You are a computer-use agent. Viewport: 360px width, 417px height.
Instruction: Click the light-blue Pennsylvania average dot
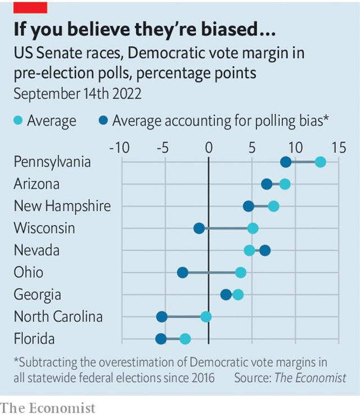tap(320, 162)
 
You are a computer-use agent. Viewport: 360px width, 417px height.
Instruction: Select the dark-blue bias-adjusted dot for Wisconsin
tap(199, 228)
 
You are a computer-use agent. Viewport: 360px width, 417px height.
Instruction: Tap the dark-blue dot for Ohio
tap(182, 272)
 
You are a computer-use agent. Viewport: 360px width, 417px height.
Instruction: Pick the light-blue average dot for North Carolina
tap(206, 316)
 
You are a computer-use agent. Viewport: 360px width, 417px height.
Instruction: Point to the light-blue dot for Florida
tap(185, 338)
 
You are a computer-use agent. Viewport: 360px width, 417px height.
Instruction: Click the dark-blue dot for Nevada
tap(265, 250)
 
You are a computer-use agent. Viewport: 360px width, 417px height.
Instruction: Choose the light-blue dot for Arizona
tap(285, 184)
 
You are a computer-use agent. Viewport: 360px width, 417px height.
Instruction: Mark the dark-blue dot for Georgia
tap(226, 294)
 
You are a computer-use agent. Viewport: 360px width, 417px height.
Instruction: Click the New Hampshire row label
tap(62, 207)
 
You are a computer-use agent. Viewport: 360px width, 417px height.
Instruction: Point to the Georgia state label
tap(37, 295)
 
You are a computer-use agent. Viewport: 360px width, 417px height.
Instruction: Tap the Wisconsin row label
tap(44, 228)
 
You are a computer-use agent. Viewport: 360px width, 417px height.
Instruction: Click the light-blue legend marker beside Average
tap(19, 120)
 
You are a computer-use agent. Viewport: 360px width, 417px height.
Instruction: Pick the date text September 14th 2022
tap(78, 94)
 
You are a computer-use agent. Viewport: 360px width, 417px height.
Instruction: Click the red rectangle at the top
tap(30, 7)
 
